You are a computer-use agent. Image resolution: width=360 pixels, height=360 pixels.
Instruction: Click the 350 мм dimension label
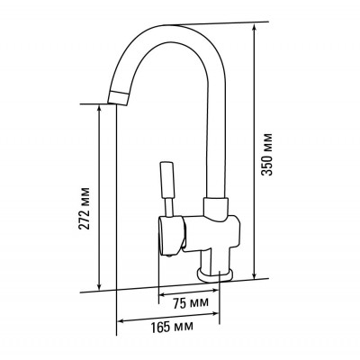pos(266,154)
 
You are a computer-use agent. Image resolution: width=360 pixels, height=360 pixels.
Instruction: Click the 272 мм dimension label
pos(85,209)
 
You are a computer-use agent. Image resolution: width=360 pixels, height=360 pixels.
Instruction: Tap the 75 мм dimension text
pos(191,303)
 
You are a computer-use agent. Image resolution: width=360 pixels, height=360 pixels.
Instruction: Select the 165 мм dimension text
pos(172,327)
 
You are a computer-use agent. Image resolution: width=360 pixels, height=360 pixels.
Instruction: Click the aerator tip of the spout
pos(119,98)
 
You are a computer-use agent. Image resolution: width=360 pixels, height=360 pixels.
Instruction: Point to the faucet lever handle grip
pos(166,179)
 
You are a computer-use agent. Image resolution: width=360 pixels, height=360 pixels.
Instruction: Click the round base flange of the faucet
pos(215,275)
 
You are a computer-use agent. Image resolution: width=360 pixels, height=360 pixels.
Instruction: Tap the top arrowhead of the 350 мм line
pos(255,28)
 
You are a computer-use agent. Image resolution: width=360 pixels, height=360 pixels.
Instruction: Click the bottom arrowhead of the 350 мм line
pos(255,275)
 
